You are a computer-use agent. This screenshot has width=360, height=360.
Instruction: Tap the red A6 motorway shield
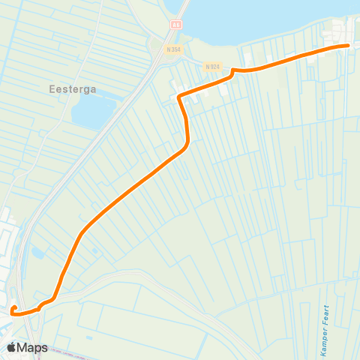[x=176, y=25]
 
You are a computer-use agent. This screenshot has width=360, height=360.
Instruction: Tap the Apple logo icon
[x=12, y=347]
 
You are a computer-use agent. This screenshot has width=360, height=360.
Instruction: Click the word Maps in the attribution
[x=34, y=347]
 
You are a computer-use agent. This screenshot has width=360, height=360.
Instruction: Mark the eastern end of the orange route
[x=349, y=46]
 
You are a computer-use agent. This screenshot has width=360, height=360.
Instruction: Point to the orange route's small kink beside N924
[x=233, y=71]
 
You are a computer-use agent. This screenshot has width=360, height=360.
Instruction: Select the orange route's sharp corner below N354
[x=178, y=97]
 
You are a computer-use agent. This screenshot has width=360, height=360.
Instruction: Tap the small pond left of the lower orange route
[x=37, y=253]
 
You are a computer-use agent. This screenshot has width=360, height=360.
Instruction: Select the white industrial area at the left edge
[x=7, y=225]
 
